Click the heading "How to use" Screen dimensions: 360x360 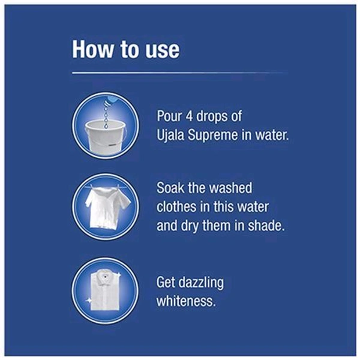(x=125, y=50)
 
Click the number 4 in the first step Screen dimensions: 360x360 (x=189, y=116)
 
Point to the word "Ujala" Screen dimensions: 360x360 (x=170, y=135)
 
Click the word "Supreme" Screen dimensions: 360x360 (x=213, y=136)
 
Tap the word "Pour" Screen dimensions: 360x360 (x=169, y=116)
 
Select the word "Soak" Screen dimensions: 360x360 (x=170, y=188)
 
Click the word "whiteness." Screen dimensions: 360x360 (x=186, y=301)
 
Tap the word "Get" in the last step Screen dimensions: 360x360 (x=166, y=283)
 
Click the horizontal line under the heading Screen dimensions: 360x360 (x=180, y=73)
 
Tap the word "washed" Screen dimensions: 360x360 (x=231, y=188)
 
